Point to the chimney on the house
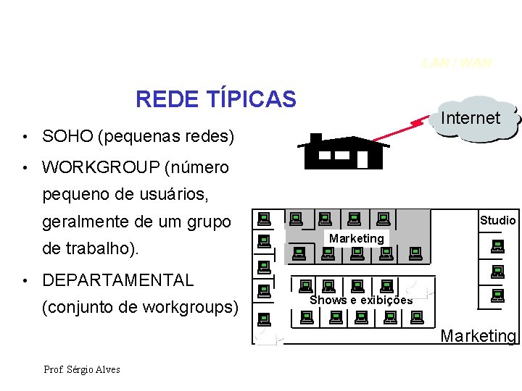(x=315, y=138)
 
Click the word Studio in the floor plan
(x=497, y=220)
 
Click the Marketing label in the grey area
(x=356, y=238)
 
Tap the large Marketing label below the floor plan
(x=478, y=336)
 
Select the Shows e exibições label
(x=361, y=300)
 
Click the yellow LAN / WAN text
(x=457, y=63)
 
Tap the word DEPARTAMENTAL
(x=118, y=280)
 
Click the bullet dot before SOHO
(x=25, y=137)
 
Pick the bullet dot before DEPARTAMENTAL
(x=25, y=281)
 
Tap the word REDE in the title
(x=159, y=98)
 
